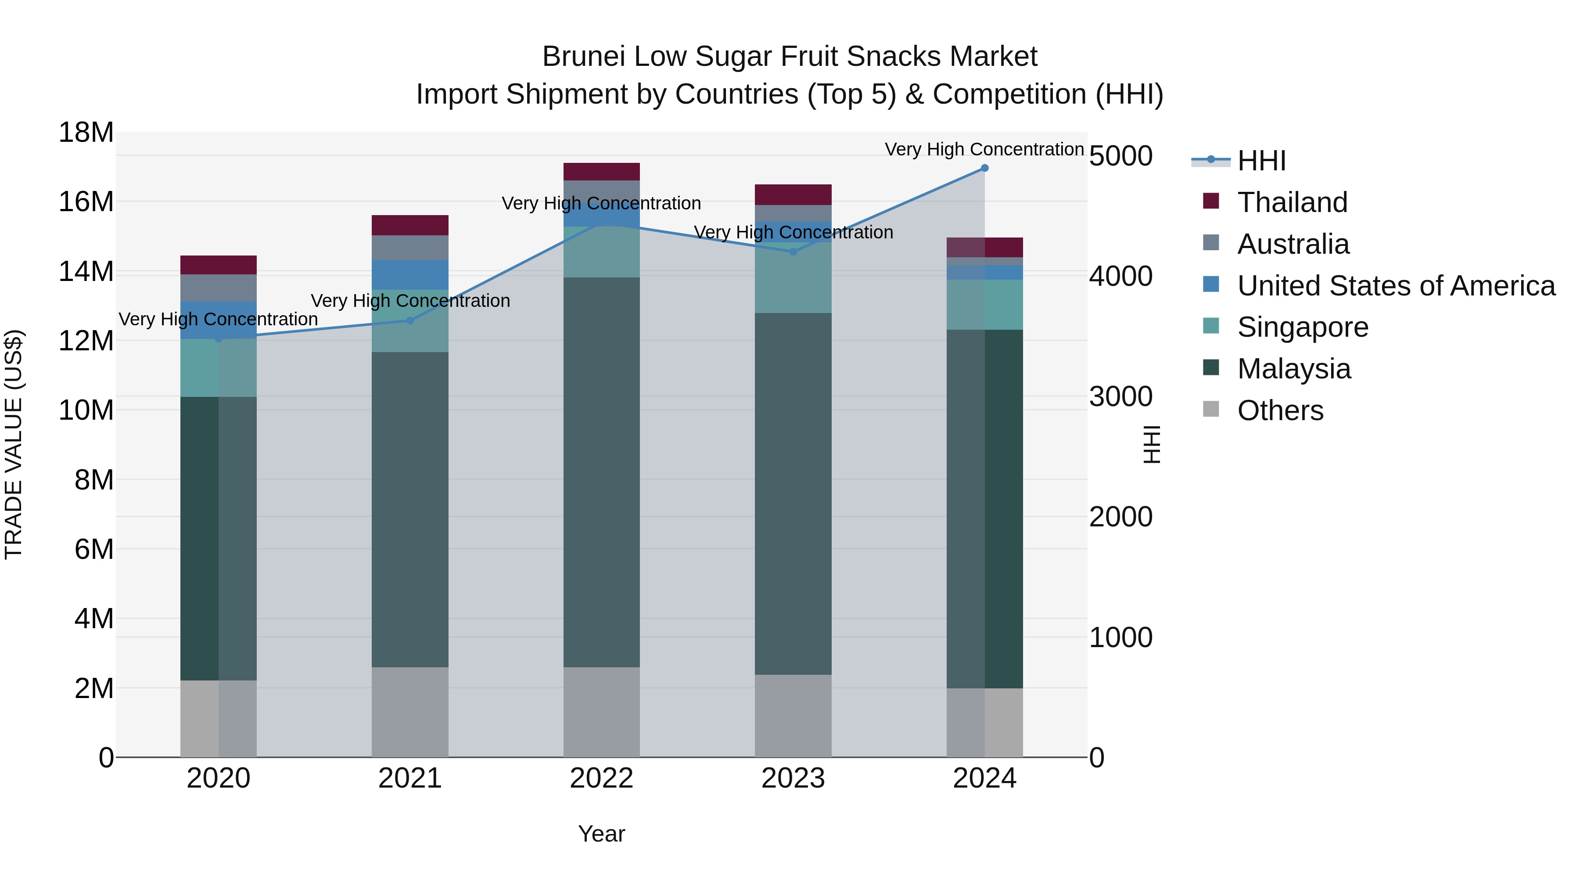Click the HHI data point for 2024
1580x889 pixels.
click(984, 168)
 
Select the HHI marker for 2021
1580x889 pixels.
click(410, 320)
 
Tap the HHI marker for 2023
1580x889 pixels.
click(793, 252)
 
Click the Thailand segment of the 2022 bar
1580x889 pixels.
click(601, 172)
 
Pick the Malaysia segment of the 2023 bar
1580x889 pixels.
click(793, 494)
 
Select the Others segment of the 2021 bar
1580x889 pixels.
click(410, 712)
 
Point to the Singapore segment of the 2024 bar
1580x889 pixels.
click(984, 305)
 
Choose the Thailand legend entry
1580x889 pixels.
click(1292, 202)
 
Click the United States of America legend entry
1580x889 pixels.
click(1395, 286)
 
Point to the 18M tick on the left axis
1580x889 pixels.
click(86, 133)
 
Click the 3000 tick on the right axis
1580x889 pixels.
click(1120, 397)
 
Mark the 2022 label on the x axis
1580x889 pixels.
click(601, 778)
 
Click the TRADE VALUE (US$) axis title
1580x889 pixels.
click(14, 444)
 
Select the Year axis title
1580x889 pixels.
click(601, 834)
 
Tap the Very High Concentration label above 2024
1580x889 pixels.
click(984, 149)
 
